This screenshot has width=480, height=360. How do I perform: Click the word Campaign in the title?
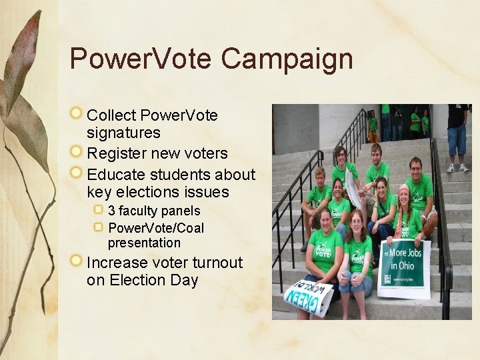tap(287, 59)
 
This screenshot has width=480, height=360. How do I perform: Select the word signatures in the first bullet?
tap(123, 133)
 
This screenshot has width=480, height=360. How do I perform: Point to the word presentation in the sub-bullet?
tap(144, 243)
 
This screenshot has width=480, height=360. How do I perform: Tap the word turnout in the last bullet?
tap(217, 263)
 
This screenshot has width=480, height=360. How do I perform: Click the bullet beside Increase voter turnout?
tap(78, 262)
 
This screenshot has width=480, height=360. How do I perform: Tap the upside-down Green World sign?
tap(308, 295)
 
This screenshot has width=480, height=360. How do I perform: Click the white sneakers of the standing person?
tap(457, 168)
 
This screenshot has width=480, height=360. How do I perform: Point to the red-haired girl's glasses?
tap(356, 221)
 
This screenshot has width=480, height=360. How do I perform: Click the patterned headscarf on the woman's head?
tap(403, 190)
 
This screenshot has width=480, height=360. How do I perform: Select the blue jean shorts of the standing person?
tap(457, 140)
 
